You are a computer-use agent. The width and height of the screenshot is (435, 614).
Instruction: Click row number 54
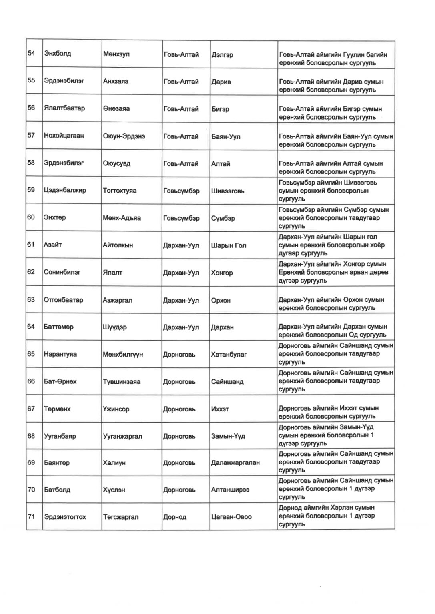click(x=31, y=53)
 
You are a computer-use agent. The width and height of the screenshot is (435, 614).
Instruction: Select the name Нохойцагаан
click(x=64, y=136)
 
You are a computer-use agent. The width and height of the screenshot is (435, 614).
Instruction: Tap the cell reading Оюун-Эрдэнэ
click(x=124, y=136)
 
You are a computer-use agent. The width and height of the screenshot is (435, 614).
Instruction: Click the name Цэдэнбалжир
click(x=65, y=190)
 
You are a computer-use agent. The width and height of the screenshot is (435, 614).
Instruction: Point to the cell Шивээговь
click(x=227, y=191)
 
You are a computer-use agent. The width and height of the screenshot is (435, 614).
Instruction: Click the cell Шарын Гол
click(x=228, y=245)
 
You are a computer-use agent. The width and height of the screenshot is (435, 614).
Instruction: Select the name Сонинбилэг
click(x=62, y=272)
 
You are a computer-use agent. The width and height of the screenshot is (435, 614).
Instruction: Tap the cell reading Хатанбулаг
click(x=229, y=354)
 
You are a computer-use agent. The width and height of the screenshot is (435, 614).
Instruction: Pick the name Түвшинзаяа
click(x=122, y=382)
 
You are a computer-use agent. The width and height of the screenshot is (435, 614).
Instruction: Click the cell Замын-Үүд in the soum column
click(x=228, y=436)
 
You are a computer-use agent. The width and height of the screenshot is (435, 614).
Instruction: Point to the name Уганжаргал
click(x=122, y=436)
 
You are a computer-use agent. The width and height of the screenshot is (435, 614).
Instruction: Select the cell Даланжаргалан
click(x=235, y=463)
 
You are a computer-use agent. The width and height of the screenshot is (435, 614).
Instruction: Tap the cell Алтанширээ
click(x=230, y=490)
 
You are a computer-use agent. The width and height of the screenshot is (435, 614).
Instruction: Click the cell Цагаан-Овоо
click(x=231, y=517)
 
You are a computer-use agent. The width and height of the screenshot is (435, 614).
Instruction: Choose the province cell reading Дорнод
click(x=174, y=517)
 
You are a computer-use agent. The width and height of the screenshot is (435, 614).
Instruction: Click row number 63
click(x=31, y=299)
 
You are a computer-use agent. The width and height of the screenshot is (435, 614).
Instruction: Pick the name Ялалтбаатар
click(x=64, y=108)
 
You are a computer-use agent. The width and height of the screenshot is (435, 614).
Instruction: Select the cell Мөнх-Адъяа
click(x=122, y=218)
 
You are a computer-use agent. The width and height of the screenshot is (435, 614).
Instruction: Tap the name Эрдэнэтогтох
click(x=65, y=517)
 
